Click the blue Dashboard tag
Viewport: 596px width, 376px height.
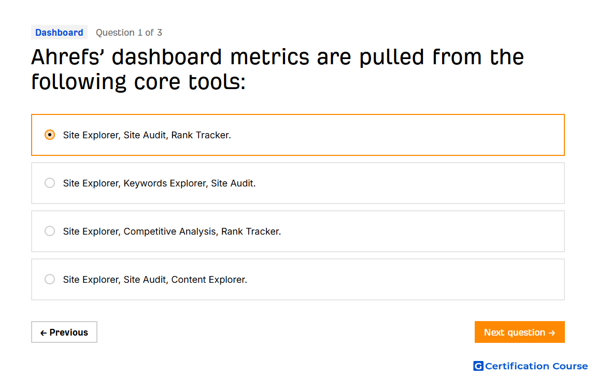(59, 32)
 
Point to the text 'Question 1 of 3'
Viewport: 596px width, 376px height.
(129, 33)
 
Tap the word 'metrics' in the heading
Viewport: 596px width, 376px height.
(269, 57)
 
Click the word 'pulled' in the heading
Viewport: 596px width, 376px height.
(391, 58)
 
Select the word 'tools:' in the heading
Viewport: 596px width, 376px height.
(217, 82)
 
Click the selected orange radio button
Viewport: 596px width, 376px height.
(50, 135)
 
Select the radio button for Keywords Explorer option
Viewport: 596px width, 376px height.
(50, 183)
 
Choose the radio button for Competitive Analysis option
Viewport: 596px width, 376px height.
(50, 232)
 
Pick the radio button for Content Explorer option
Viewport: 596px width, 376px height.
(50, 280)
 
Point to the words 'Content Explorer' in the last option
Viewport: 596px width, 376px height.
(208, 280)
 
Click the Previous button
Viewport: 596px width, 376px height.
(64, 332)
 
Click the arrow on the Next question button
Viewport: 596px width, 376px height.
(552, 333)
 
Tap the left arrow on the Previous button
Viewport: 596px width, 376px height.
(44, 333)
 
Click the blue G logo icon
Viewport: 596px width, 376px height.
(478, 366)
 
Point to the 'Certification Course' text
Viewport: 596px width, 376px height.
(536, 366)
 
